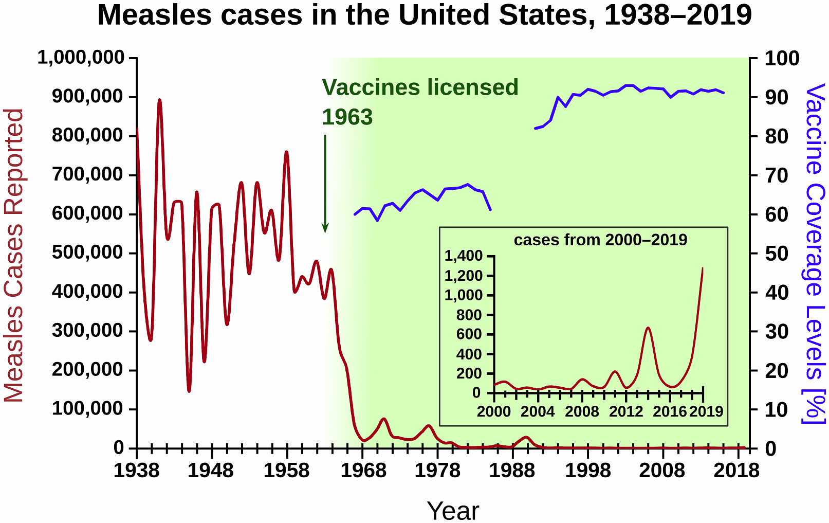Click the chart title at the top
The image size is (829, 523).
pyautogui.click(x=424, y=15)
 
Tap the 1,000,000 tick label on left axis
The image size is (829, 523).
pyautogui.click(x=81, y=58)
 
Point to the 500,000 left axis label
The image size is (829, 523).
pyautogui.click(x=88, y=253)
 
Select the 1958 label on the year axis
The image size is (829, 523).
pyautogui.click(x=286, y=471)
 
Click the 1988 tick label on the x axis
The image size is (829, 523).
pyautogui.click(x=512, y=471)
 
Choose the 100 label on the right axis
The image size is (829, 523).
pyautogui.click(x=782, y=58)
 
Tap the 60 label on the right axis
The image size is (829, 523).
pyautogui.click(x=776, y=214)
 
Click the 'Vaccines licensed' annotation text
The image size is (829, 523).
pyautogui.click(x=420, y=88)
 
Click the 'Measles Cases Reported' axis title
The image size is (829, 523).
pyautogui.click(x=14, y=256)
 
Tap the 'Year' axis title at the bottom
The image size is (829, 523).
pyautogui.click(x=453, y=511)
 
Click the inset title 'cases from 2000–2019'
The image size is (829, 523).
pyautogui.click(x=600, y=240)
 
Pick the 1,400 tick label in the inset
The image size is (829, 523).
pyautogui.click(x=464, y=256)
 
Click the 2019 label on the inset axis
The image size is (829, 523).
pyautogui.click(x=706, y=411)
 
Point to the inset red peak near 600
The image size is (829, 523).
pyautogui.click(x=648, y=328)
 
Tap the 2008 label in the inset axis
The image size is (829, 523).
pyautogui.click(x=582, y=411)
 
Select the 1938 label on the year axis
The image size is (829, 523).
pyautogui.click(x=136, y=471)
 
